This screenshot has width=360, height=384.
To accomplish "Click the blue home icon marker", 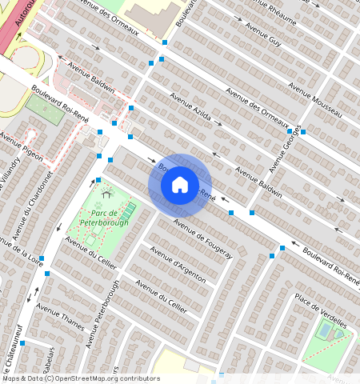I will click(180, 185).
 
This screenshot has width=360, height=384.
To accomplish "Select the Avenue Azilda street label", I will click(190, 107).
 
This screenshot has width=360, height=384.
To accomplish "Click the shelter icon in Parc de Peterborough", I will click(106, 194).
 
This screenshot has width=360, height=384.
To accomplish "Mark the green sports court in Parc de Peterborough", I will click(128, 210).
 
